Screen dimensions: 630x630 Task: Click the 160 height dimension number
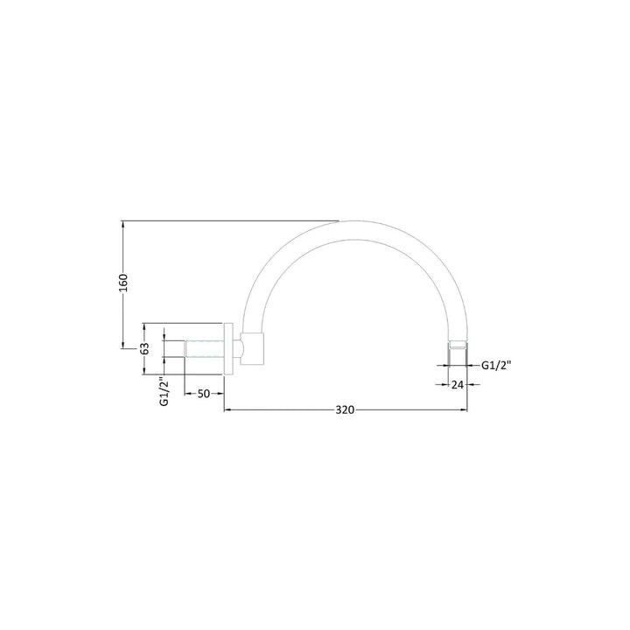point(123,285)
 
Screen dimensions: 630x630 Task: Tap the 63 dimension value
point(146,348)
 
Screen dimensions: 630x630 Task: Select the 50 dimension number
point(203,394)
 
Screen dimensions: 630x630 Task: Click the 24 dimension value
point(457,383)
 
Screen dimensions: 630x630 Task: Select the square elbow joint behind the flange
point(252,348)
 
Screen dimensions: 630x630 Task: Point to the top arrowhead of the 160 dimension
point(123,223)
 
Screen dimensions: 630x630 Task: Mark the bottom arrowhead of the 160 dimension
point(123,346)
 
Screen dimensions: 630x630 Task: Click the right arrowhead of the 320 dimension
point(465,409)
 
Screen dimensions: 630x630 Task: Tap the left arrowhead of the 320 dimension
point(230,409)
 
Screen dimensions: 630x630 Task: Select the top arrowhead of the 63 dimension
point(146,327)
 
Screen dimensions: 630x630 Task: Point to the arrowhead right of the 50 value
point(222,394)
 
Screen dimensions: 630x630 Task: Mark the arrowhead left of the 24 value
point(443,383)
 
